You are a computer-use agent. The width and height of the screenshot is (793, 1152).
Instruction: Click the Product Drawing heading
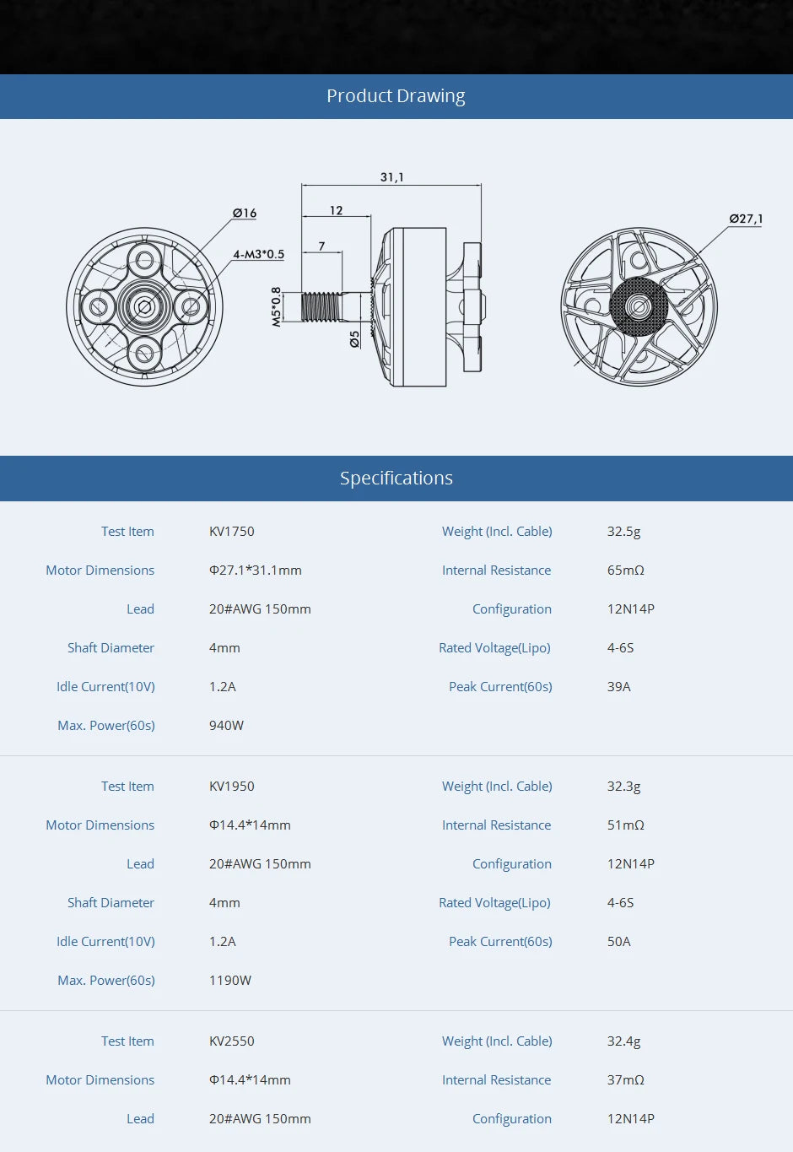pyautogui.click(x=396, y=96)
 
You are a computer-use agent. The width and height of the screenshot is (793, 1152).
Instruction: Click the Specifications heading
pyautogui.click(x=396, y=479)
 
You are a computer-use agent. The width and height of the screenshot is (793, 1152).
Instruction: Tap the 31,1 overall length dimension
pyautogui.click(x=391, y=177)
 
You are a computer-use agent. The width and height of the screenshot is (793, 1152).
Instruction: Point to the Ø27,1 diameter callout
pyautogui.click(x=746, y=219)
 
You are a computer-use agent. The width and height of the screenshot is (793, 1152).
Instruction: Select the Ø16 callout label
pyautogui.click(x=245, y=213)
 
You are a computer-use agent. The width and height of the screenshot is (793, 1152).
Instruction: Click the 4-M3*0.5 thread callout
pyautogui.click(x=259, y=254)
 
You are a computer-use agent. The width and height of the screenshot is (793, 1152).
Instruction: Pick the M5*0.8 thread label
pyautogui.click(x=276, y=306)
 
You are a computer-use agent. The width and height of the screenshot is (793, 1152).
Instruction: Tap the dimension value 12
pyautogui.click(x=336, y=210)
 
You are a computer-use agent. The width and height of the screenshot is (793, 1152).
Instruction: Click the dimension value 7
pyautogui.click(x=321, y=246)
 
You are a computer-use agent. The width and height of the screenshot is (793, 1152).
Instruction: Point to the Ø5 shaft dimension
pyautogui.click(x=354, y=338)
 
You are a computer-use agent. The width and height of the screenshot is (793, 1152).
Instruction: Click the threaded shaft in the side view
pyautogui.click(x=321, y=306)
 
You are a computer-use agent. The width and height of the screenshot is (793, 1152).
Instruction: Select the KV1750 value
pyautogui.click(x=231, y=532)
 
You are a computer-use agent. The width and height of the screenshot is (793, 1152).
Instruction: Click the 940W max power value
pyautogui.click(x=226, y=726)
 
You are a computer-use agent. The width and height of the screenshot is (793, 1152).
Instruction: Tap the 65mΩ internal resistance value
pyautogui.click(x=625, y=571)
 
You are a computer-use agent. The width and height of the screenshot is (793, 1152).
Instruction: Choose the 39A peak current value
pyautogui.click(x=618, y=687)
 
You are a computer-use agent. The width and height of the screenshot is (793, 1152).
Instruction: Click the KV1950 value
pyautogui.click(x=231, y=787)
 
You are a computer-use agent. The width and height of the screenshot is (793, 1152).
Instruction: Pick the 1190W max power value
pyautogui.click(x=229, y=981)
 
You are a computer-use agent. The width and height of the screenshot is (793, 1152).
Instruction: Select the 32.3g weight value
pyautogui.click(x=623, y=787)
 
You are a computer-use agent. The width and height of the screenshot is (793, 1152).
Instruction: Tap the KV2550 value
pyautogui.click(x=231, y=1041)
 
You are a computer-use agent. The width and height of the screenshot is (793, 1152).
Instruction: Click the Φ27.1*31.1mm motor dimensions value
pyautogui.click(x=255, y=571)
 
